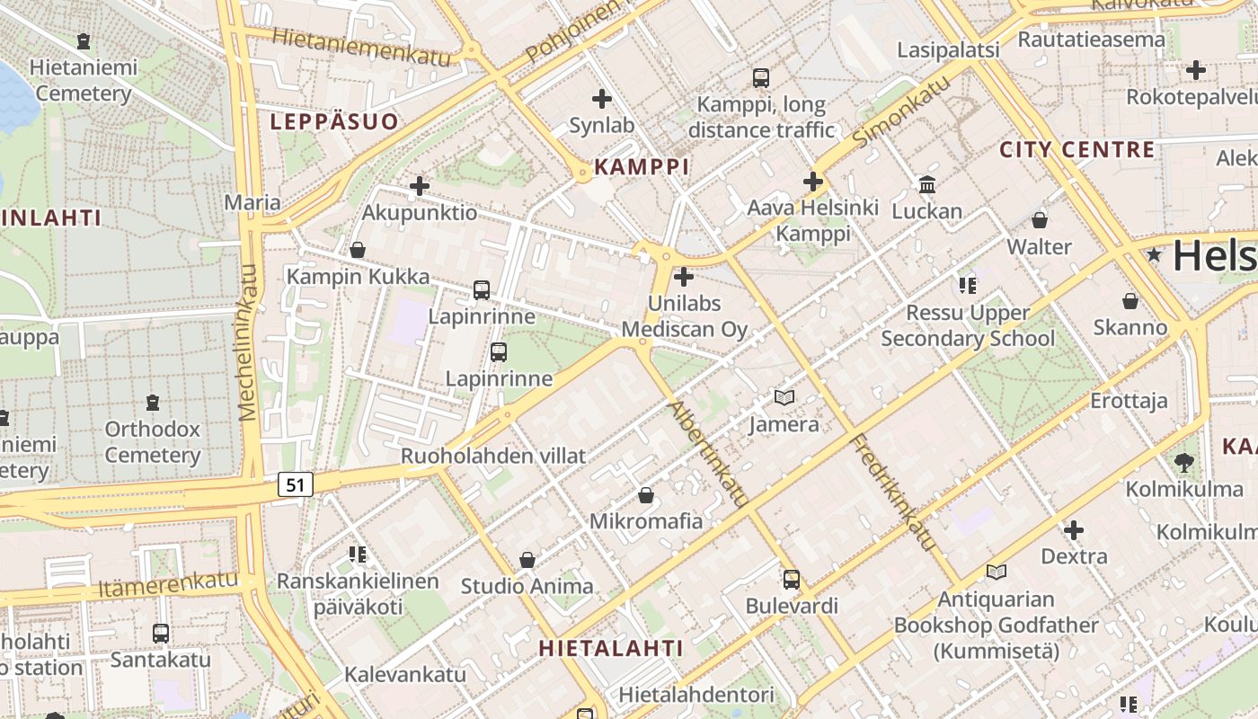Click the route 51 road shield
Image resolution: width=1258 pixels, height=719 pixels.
point(296,485)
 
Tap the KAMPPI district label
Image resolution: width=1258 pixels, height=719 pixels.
point(642,166)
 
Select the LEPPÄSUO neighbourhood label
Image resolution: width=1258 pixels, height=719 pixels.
point(334,121)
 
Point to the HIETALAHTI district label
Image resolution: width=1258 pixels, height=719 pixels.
point(611,648)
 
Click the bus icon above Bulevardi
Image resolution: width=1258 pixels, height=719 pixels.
point(791,580)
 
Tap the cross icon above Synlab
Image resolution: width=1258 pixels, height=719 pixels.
point(602,99)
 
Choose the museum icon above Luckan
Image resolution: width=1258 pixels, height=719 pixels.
point(927,185)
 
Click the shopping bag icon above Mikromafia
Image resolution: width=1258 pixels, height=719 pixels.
point(645,495)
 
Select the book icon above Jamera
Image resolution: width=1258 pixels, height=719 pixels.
point(784,397)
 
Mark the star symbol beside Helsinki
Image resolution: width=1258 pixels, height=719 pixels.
point(1155,255)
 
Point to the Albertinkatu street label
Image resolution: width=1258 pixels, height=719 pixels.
point(708,454)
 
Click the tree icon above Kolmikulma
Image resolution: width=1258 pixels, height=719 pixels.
point(1184,463)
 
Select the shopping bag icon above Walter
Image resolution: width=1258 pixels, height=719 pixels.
point(1040,220)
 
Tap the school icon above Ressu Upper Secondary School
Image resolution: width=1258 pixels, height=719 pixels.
point(968,287)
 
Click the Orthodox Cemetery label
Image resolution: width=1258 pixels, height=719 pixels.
point(153,441)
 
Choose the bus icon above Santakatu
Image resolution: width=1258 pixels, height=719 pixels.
point(161,634)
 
